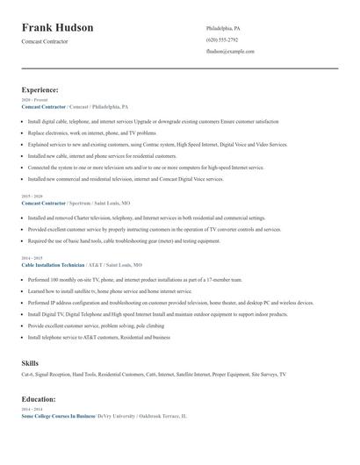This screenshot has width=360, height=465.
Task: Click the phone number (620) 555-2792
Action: [x=221, y=40]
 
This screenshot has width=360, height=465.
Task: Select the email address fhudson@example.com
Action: [x=230, y=52]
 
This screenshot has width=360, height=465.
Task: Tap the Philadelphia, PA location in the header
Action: [x=223, y=28]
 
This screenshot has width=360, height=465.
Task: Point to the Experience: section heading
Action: [x=40, y=89]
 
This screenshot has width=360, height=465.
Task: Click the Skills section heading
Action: [x=30, y=361]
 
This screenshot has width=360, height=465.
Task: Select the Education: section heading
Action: [x=40, y=398]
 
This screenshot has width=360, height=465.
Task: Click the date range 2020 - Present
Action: [x=32, y=100]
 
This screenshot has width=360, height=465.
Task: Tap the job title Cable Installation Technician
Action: [x=53, y=264]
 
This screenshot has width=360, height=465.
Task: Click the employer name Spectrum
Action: [x=82, y=203]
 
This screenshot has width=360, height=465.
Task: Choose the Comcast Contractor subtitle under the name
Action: [x=44, y=41]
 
